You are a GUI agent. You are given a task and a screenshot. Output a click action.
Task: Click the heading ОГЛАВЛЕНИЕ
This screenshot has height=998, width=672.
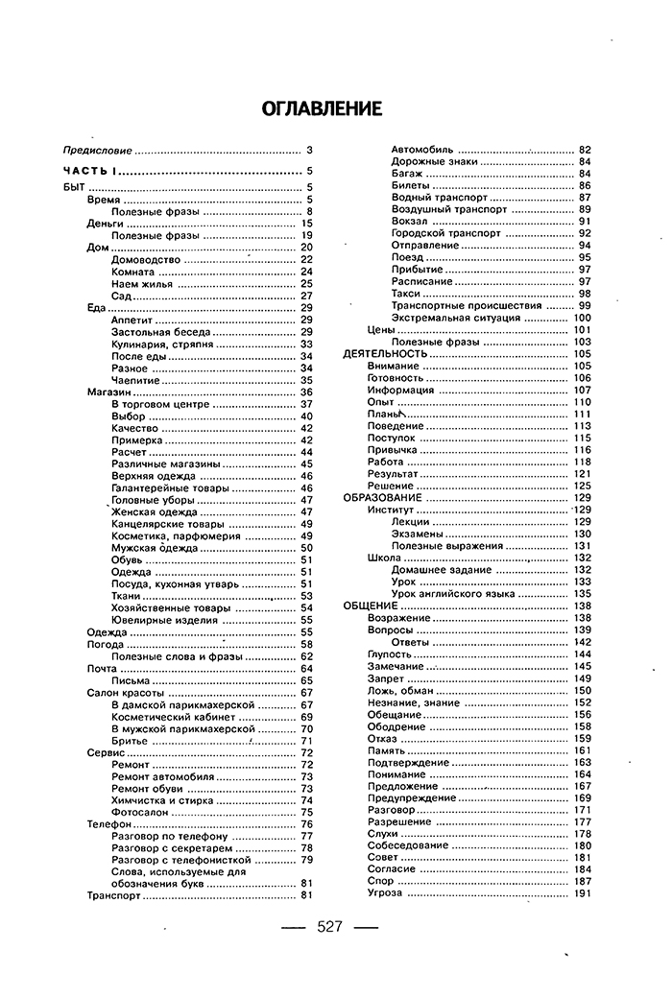[322, 108]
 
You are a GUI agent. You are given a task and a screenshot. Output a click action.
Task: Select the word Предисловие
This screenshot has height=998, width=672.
[96, 151]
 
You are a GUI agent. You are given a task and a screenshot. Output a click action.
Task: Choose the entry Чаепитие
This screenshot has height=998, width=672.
[134, 380]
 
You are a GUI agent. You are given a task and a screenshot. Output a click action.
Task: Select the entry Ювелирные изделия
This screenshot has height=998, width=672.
[158, 620]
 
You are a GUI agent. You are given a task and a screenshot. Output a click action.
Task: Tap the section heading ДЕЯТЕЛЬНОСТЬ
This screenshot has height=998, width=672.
[384, 354]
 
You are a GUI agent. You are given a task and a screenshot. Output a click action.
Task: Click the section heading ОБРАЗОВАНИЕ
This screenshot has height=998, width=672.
[382, 498]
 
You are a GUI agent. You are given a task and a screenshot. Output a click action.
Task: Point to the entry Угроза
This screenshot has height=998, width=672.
[384, 893]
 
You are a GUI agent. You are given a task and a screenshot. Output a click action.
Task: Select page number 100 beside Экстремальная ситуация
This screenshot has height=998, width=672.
[582, 318]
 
